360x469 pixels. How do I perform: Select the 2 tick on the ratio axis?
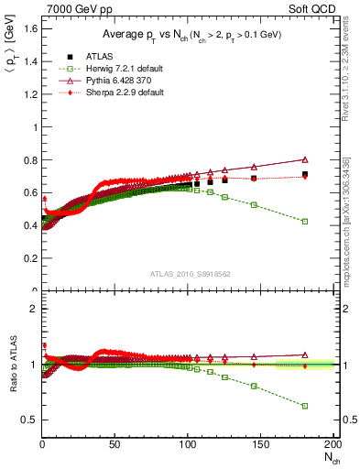(x=33, y=309)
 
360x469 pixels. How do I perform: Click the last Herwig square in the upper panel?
(x=305, y=221)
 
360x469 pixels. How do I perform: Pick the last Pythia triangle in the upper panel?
(x=305, y=159)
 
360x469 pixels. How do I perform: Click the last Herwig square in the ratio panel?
(x=305, y=405)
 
